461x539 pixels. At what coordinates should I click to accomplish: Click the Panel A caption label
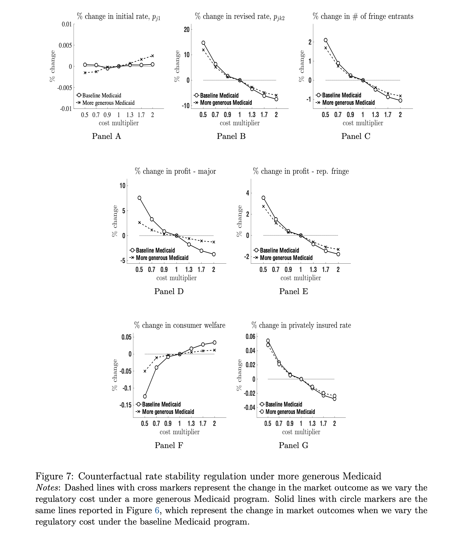coord(106,136)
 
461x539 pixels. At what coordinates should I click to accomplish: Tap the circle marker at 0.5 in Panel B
coord(203,43)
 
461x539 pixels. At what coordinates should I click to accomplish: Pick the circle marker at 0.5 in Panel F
coord(145,396)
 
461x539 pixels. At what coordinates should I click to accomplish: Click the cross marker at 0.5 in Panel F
coord(145,371)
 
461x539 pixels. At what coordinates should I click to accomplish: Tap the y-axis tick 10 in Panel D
coord(122,186)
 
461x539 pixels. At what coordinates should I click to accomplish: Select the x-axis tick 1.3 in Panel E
coord(313,270)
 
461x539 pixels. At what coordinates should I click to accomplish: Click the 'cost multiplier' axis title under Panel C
coord(363,123)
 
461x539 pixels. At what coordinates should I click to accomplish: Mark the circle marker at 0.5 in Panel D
coord(139,198)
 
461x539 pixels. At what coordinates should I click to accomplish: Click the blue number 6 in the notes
coord(157,510)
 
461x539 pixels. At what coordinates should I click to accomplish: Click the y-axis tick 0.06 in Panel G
coord(250,336)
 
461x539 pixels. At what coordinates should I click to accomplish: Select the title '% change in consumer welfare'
coord(180,325)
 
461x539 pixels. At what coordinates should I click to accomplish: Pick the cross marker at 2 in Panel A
coord(152,56)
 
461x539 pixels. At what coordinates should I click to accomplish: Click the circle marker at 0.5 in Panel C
coord(326,40)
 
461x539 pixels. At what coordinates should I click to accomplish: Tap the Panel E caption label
coord(293,291)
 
